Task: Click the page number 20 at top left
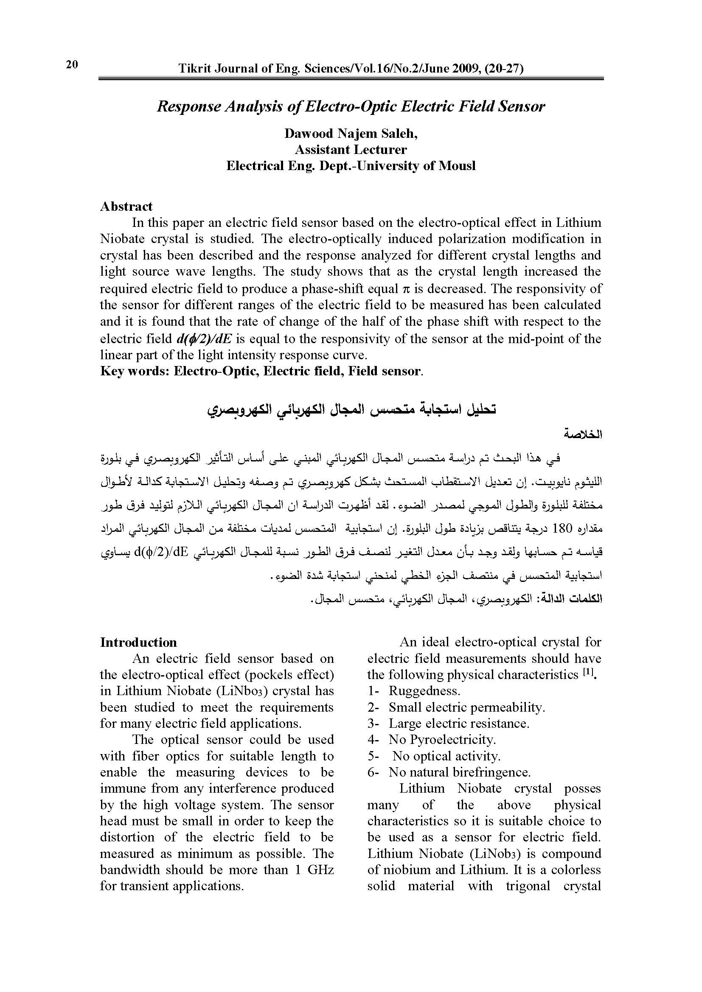tap(72, 65)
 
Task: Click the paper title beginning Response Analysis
tap(351, 106)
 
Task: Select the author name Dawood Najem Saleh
tap(350, 134)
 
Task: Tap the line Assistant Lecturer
tap(351, 149)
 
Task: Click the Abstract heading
tap(126, 206)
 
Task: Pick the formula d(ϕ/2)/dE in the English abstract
tap(205, 338)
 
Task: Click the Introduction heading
tap(138, 643)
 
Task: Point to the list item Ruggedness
tap(424, 691)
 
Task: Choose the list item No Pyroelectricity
tap(442, 740)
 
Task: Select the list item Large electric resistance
tap(459, 723)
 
